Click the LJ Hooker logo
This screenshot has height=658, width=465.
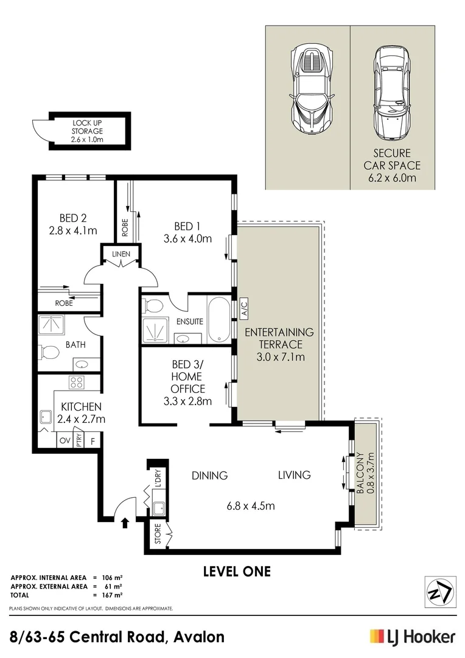coord(412,637)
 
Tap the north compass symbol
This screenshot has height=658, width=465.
coord(439,591)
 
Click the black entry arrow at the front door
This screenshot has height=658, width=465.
coord(125,522)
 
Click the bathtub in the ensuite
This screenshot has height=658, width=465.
coord(219,319)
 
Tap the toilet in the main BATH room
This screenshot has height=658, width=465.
coord(48,352)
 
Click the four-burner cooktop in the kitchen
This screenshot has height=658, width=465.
coord(76,383)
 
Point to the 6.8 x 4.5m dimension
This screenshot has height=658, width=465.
coord(251,506)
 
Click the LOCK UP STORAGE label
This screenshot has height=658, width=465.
coord(87,130)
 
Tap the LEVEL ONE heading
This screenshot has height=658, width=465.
coord(236,571)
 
